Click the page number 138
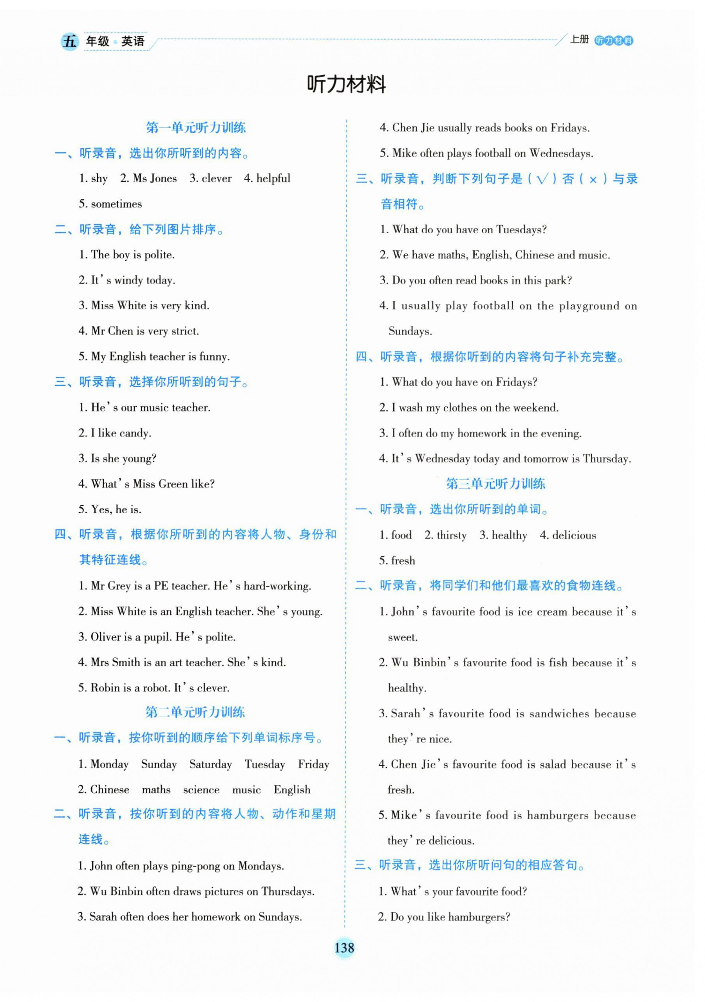pos(344,948)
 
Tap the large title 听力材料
pos(346,84)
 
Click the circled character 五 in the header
pos(69,42)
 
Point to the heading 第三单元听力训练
pos(495,484)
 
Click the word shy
pos(99,179)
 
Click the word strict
pos(184,331)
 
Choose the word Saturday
pos(210,764)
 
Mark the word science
pos(201,790)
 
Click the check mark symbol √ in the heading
pos(542,179)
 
